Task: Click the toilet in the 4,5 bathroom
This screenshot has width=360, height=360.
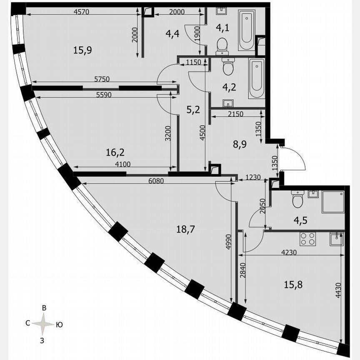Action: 298,200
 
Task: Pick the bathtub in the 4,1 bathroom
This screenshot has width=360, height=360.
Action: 245,27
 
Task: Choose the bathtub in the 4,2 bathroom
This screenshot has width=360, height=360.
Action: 256,78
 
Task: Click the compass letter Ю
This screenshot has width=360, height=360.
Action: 60,324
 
